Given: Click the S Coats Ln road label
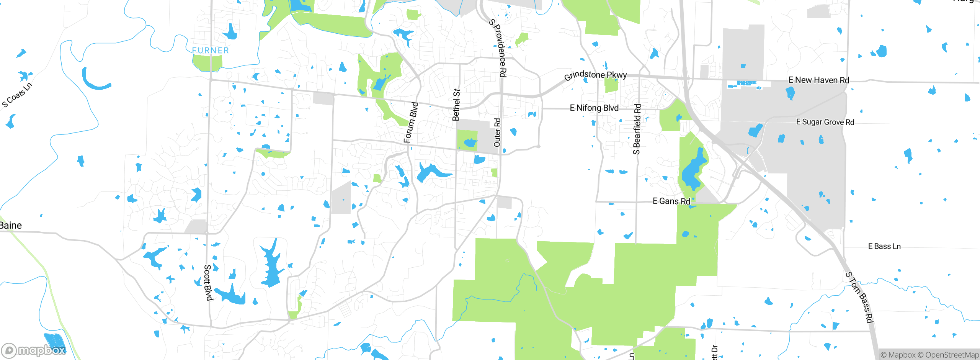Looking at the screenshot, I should click(x=17, y=95).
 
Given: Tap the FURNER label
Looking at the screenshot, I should click(x=211, y=51).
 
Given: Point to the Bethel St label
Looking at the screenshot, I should click(x=456, y=105).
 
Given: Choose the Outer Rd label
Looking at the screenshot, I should click(x=497, y=133).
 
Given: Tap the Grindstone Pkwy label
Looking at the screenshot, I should click(x=595, y=75).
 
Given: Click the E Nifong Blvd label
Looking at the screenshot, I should click(x=594, y=108).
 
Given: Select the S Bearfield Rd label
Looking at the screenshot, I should click(x=637, y=129).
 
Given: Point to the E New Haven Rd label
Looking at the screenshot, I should click(x=819, y=80).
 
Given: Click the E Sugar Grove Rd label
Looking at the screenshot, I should click(x=825, y=122).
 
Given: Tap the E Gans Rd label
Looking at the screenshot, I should click(x=671, y=201).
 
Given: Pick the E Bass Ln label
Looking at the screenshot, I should click(x=884, y=246).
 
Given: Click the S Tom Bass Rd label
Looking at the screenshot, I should click(x=860, y=297).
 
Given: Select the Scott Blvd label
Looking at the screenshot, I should click(x=207, y=282).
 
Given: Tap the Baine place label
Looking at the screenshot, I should click(x=11, y=225).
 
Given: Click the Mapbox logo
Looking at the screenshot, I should click(x=34, y=350).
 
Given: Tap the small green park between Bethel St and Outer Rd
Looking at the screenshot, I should click(x=467, y=140).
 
